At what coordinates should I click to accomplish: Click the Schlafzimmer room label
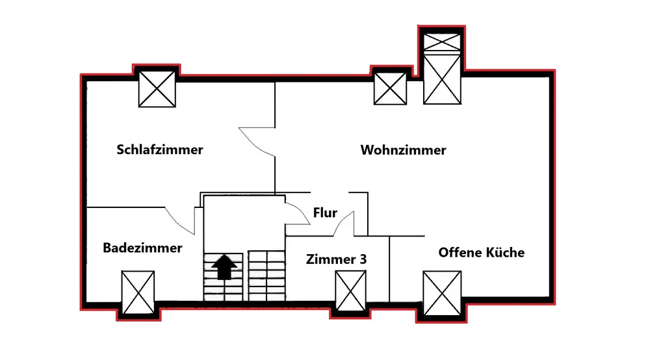point(160,150)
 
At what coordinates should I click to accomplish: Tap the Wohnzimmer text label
point(403,150)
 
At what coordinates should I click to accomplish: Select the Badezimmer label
point(142,248)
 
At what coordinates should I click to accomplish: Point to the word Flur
point(325,212)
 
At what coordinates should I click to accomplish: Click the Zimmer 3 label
point(336,259)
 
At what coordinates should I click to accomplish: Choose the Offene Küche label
point(481,252)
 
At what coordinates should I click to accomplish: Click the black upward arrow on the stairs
point(224,266)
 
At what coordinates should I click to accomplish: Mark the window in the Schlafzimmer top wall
point(158,89)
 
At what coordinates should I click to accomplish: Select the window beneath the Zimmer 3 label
point(351,290)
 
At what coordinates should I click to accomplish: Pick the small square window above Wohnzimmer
point(391,88)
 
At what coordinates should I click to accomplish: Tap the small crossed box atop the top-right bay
point(443,42)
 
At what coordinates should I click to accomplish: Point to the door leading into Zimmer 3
point(343,224)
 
